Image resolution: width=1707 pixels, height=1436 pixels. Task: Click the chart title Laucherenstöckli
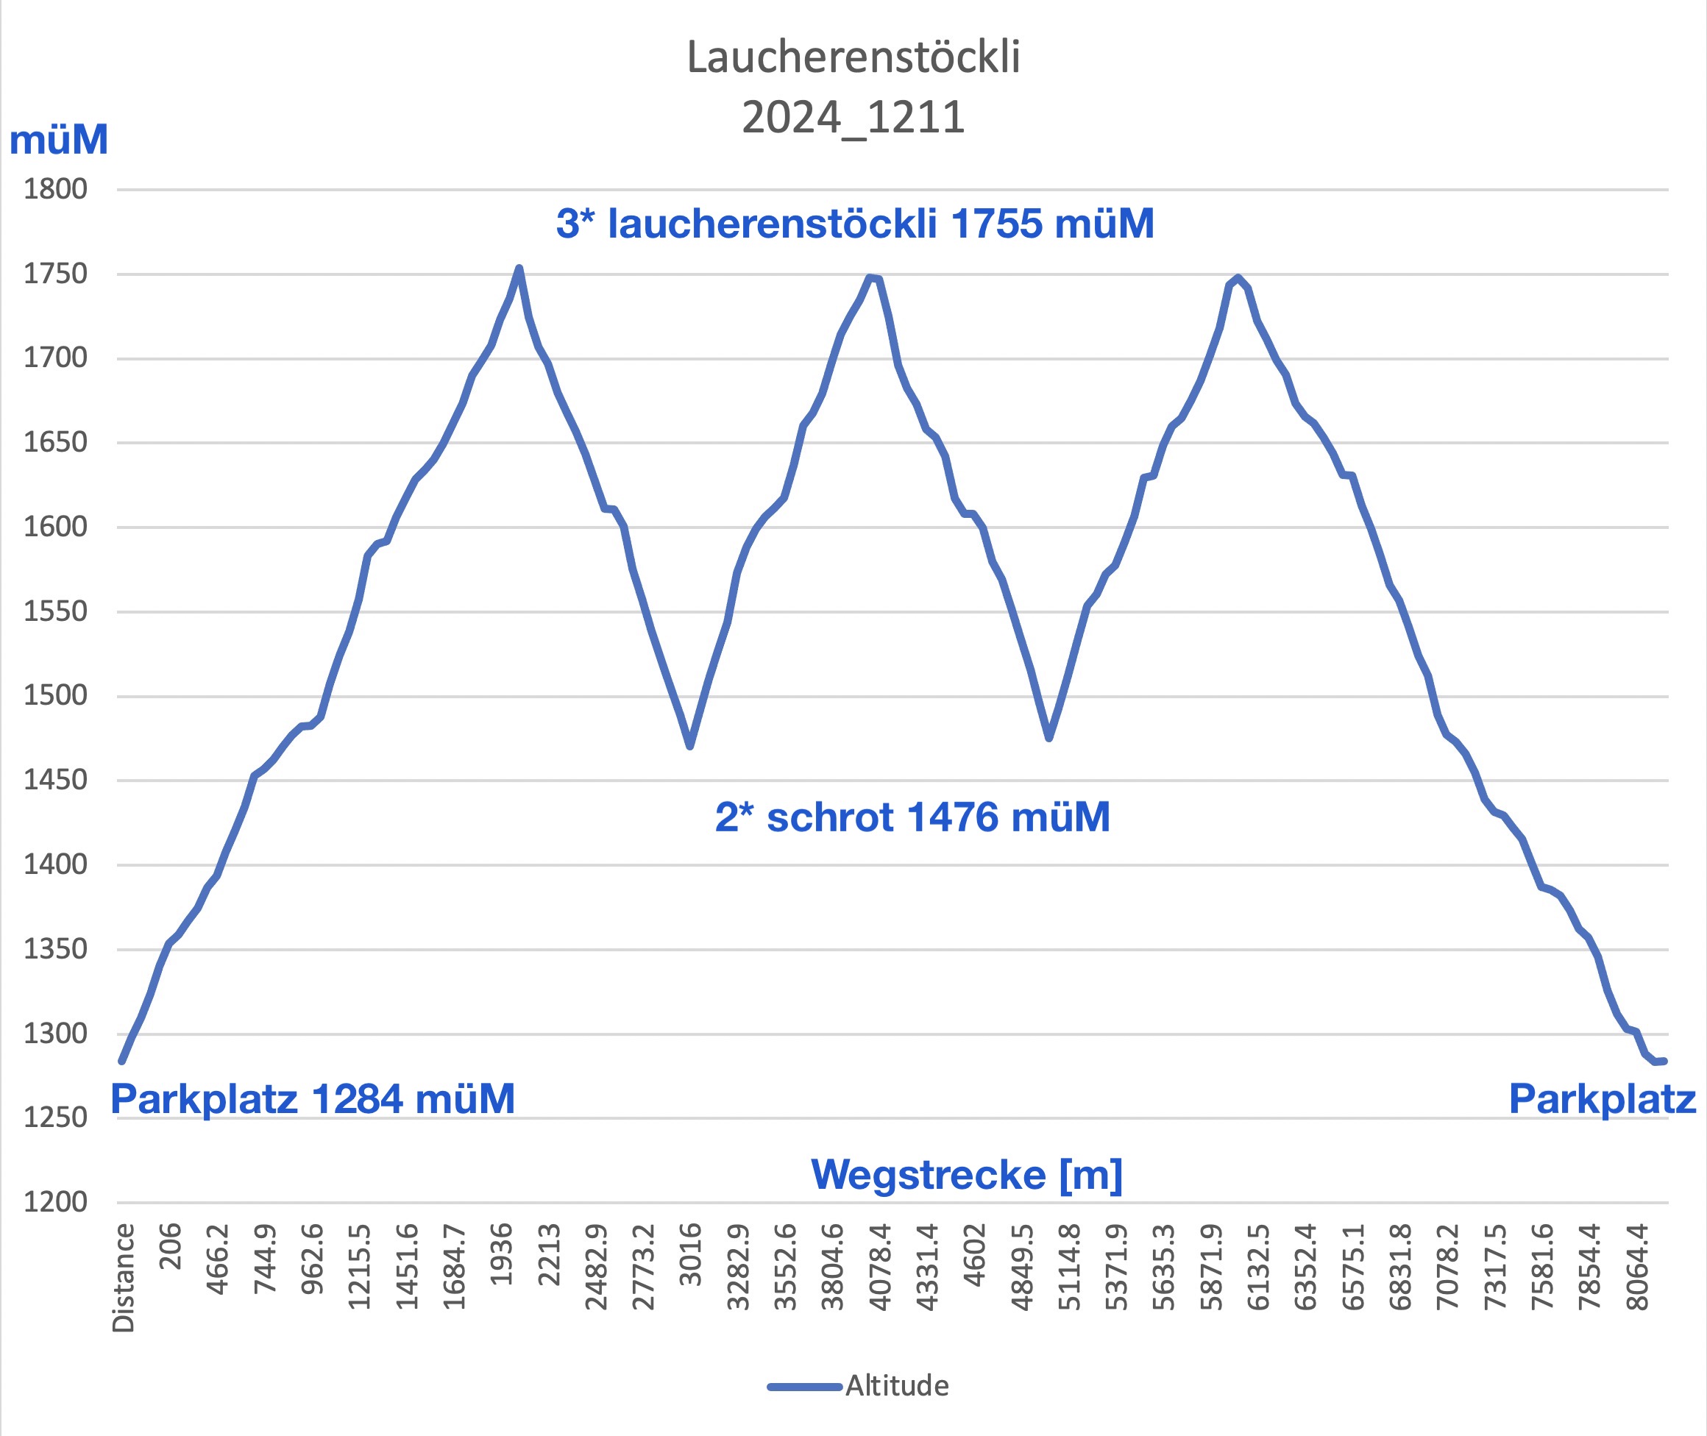point(853,57)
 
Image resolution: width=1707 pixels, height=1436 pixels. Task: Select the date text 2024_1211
point(853,117)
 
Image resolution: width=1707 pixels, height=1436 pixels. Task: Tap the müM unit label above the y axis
point(59,139)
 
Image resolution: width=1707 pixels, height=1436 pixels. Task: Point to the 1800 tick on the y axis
point(55,189)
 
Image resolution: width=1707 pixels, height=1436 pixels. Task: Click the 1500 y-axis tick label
point(55,695)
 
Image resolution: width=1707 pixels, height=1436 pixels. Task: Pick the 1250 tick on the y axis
point(55,1117)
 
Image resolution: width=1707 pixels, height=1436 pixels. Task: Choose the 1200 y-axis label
point(55,1201)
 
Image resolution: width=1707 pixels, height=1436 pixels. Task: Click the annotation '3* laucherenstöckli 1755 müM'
point(855,223)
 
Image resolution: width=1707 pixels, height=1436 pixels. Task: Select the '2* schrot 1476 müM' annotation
point(912,817)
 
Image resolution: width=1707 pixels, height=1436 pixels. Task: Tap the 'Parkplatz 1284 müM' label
point(313,1098)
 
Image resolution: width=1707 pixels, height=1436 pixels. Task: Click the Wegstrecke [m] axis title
point(967,1174)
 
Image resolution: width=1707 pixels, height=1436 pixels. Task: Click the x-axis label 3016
point(690,1254)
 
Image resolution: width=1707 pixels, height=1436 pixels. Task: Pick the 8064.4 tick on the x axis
point(1637,1266)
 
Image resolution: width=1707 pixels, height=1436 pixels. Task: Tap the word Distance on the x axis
point(124,1278)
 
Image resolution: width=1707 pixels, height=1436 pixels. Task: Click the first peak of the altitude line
point(519,268)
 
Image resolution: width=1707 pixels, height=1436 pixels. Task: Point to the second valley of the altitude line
point(1048,738)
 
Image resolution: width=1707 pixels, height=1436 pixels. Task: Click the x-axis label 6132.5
point(1258,1266)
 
